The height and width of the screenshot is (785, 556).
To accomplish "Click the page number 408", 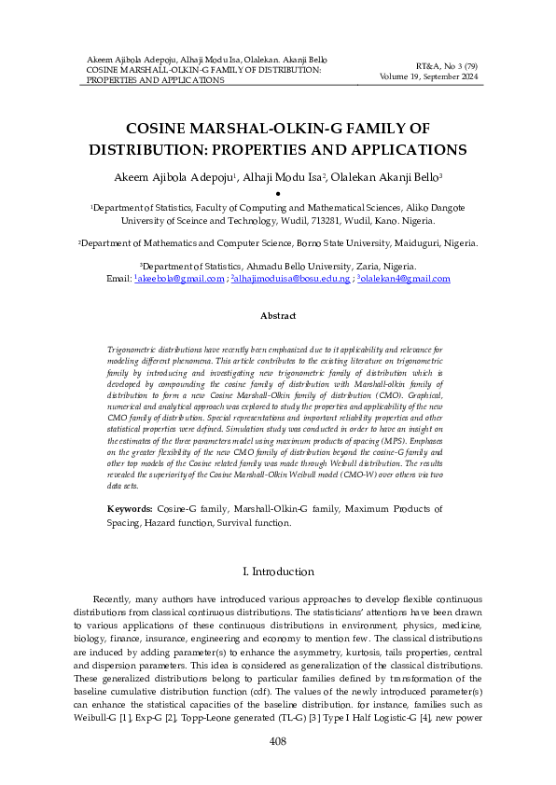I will pyautogui.click(x=277, y=741).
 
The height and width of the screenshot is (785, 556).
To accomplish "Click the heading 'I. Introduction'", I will pyautogui.click(x=277, y=572).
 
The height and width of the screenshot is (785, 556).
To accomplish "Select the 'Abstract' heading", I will pyautogui.click(x=277, y=316).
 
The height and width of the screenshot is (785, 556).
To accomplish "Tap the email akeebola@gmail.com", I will pyautogui.click(x=182, y=279).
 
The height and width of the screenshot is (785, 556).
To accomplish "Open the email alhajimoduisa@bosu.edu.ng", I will pyautogui.click(x=292, y=279).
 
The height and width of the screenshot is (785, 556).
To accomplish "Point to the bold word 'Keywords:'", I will pyautogui.click(x=131, y=510).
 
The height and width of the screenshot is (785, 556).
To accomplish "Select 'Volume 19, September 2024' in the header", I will pyautogui.click(x=425, y=78).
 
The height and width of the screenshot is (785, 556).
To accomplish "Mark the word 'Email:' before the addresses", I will pyautogui.click(x=119, y=279).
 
